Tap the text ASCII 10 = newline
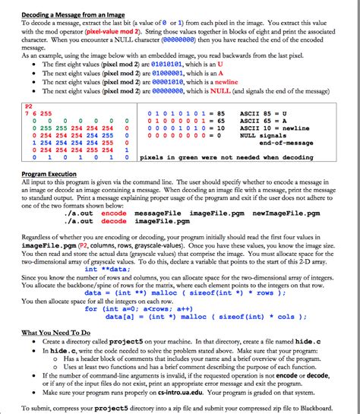coord(281,128)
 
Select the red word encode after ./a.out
coord(114,213)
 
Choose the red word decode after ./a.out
coord(114,221)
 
